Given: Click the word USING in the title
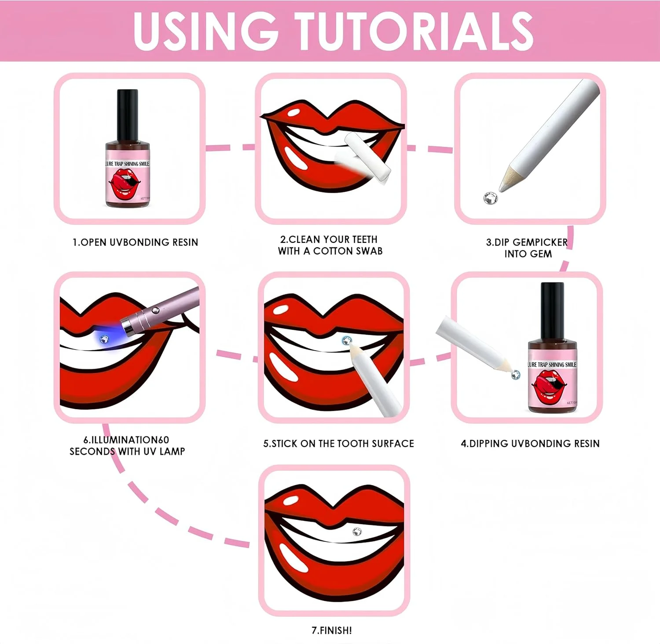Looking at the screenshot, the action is pyautogui.click(x=206, y=31).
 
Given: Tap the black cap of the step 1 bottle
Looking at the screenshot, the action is pyautogui.click(x=128, y=115).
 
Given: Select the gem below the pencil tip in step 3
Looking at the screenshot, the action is pyautogui.click(x=490, y=198).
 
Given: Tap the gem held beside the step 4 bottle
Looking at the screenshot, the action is pyautogui.click(x=515, y=375).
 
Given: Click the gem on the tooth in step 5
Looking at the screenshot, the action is pyautogui.click(x=347, y=340).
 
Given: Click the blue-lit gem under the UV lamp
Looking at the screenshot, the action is pyautogui.click(x=104, y=339).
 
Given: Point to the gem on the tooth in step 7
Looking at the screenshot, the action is pyautogui.click(x=357, y=532).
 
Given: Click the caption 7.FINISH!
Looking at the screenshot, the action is pyautogui.click(x=332, y=630).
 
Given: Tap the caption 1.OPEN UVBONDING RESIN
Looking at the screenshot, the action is pyautogui.click(x=136, y=242).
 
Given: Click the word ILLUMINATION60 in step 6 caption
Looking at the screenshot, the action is pyautogui.click(x=130, y=440).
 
